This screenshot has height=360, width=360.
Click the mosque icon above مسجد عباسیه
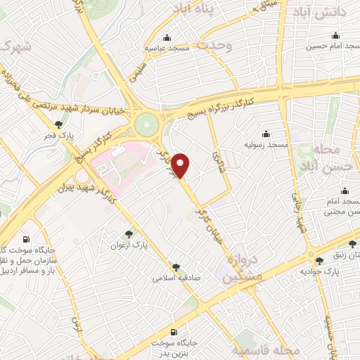167,38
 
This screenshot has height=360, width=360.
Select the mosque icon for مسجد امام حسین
335,36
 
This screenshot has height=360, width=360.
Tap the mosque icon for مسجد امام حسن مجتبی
345,191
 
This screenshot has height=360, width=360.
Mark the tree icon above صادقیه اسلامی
176,267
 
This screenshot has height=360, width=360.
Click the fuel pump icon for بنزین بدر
174,332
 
